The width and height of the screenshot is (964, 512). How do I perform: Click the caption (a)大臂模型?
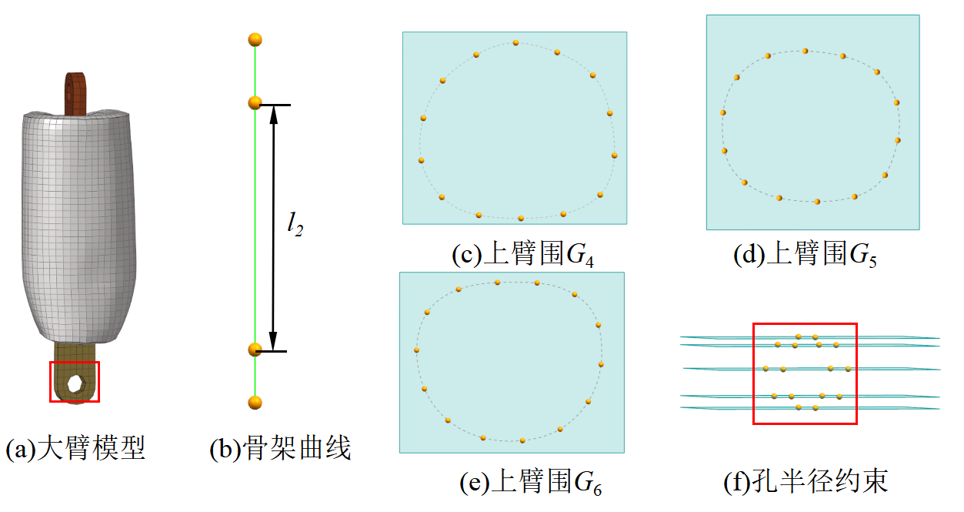(75, 449)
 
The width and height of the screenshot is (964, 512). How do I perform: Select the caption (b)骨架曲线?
(280, 449)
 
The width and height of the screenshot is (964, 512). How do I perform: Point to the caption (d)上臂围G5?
(806, 255)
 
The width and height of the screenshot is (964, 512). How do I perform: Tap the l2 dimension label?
(294, 224)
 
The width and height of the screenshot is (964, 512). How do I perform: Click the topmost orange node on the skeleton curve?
(255, 39)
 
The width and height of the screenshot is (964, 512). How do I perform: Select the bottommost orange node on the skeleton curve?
(255, 402)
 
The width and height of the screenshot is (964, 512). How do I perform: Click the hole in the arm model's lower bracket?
(75, 383)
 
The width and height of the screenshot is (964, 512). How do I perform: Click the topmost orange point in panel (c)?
(515, 42)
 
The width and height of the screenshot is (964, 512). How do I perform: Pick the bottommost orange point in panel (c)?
(521, 219)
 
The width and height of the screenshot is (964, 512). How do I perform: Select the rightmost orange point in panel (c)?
(615, 156)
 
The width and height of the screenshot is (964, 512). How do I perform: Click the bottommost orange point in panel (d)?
(817, 202)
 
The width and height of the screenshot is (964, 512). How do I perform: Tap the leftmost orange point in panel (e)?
(416, 350)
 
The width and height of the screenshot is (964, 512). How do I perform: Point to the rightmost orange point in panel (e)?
(601, 363)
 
